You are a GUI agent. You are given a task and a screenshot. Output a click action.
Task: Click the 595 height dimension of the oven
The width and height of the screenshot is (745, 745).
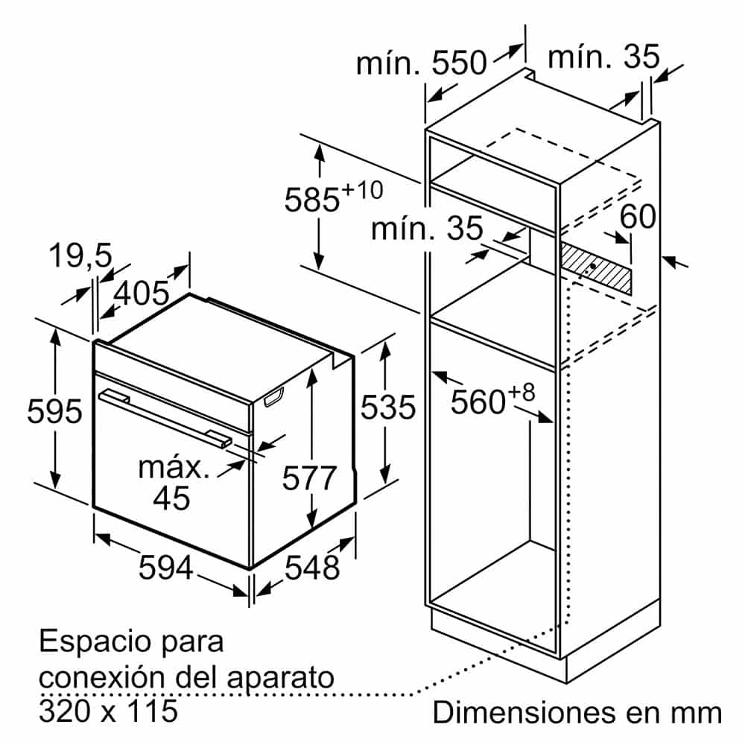click(x=54, y=411)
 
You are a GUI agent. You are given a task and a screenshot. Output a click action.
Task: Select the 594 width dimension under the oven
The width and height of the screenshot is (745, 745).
click(x=166, y=567)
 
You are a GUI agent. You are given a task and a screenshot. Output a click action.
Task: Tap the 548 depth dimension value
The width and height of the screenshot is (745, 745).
click(x=312, y=567)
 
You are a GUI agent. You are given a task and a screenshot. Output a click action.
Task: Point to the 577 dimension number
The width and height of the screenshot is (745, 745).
click(x=309, y=478)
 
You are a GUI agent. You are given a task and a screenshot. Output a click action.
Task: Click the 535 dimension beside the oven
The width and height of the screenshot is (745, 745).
click(x=388, y=408)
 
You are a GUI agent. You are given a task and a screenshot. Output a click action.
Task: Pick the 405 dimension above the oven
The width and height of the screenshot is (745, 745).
click(x=142, y=293)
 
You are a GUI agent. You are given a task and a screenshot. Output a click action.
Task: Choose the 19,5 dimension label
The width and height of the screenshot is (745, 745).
click(x=80, y=256)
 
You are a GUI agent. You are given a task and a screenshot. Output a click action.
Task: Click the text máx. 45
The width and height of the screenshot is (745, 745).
click(x=173, y=484)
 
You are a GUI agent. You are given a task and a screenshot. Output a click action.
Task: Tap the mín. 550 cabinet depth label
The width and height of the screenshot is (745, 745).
click(x=422, y=63)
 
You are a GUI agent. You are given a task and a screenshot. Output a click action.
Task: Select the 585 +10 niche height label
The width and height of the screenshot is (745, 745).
click(x=334, y=194)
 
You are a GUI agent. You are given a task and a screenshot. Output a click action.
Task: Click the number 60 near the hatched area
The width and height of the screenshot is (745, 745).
click(x=638, y=216)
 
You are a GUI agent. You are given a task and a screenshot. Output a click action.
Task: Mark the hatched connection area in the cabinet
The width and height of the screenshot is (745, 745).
click(x=596, y=270)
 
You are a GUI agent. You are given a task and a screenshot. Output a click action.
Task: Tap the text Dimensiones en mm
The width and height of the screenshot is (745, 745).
click(x=577, y=713)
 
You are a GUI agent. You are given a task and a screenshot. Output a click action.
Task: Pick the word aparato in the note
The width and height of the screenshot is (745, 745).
click(x=281, y=679)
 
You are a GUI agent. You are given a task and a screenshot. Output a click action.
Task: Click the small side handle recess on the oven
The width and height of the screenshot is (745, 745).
click(x=274, y=397)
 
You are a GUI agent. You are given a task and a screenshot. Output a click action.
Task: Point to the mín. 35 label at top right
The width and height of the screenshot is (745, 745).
click(x=604, y=57)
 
